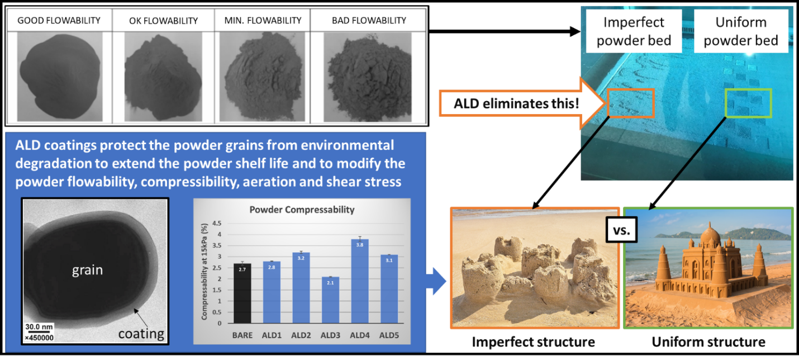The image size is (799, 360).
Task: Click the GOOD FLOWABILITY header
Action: [59, 21]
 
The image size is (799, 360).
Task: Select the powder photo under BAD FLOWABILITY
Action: [368, 77]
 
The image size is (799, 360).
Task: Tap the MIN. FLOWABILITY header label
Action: [263, 21]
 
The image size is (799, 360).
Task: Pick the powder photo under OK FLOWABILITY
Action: [163, 77]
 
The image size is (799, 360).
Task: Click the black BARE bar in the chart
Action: [242, 293]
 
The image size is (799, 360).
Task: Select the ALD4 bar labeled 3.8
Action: [360, 281]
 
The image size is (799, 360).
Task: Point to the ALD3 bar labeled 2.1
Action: [330, 300]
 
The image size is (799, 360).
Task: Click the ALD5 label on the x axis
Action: [389, 335]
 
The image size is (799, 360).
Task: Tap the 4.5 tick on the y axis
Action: [217, 224]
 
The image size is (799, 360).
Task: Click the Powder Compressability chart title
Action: [302, 210]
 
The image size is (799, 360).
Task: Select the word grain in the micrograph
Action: [87, 270]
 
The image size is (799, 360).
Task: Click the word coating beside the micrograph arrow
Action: [141, 334]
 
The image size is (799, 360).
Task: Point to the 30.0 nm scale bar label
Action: [39, 327]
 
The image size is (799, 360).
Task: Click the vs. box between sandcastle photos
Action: [621, 230]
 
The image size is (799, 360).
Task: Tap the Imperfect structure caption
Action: [533, 342]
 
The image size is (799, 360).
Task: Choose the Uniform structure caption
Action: [708, 342]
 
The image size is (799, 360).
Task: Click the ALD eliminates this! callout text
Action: [516, 103]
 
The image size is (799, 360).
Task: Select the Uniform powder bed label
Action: [741, 31]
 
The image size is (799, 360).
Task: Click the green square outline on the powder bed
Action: [748, 90]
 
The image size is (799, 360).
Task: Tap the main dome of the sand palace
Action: [710, 235]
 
